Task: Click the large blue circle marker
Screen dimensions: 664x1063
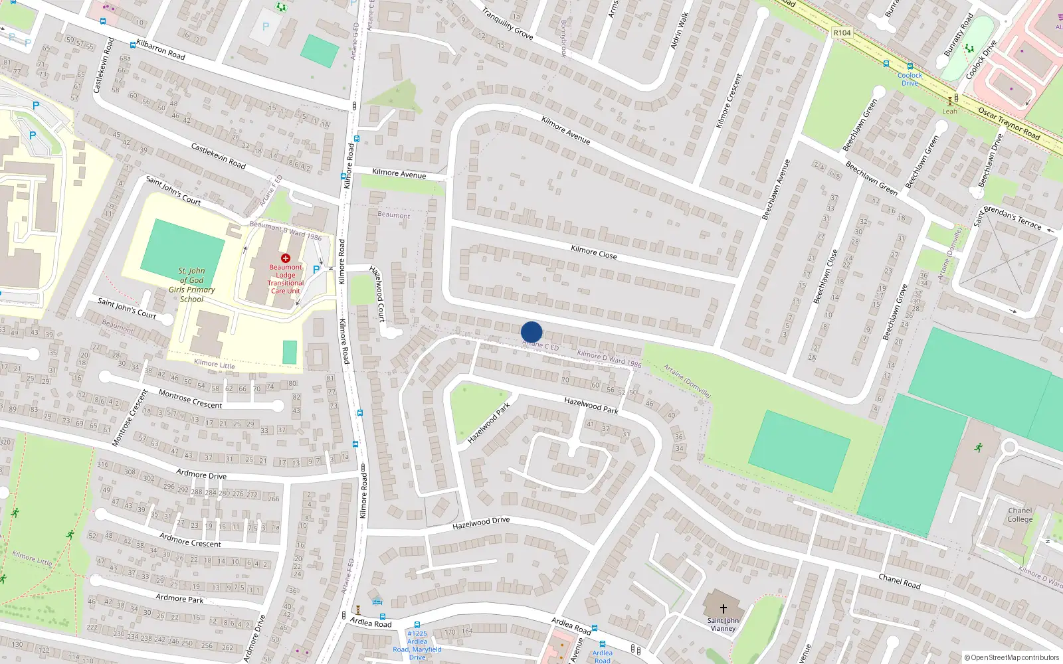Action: [531, 332]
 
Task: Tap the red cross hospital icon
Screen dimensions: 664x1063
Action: [286, 258]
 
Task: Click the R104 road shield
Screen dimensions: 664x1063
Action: [842, 33]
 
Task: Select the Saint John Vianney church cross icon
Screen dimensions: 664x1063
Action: [723, 608]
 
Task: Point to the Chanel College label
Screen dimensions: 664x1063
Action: [1020, 515]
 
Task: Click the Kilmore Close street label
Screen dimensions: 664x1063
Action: [594, 252]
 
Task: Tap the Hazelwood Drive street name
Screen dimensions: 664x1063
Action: [481, 523]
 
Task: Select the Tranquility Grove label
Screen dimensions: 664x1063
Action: [508, 23]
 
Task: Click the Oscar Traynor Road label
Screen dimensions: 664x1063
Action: [1009, 124]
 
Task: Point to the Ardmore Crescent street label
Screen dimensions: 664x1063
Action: [190, 540]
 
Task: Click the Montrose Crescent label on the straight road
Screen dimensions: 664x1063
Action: [190, 399]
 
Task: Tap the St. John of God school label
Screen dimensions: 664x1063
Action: [192, 285]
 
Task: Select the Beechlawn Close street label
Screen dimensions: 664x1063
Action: [825, 277]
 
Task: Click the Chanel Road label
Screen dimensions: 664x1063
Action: [900, 582]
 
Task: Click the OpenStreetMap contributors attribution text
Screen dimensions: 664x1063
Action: [1012, 657]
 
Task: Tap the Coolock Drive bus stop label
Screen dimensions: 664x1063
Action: [910, 79]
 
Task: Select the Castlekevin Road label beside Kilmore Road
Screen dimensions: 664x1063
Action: [218, 156]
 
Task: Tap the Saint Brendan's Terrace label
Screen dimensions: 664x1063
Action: [1008, 217]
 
